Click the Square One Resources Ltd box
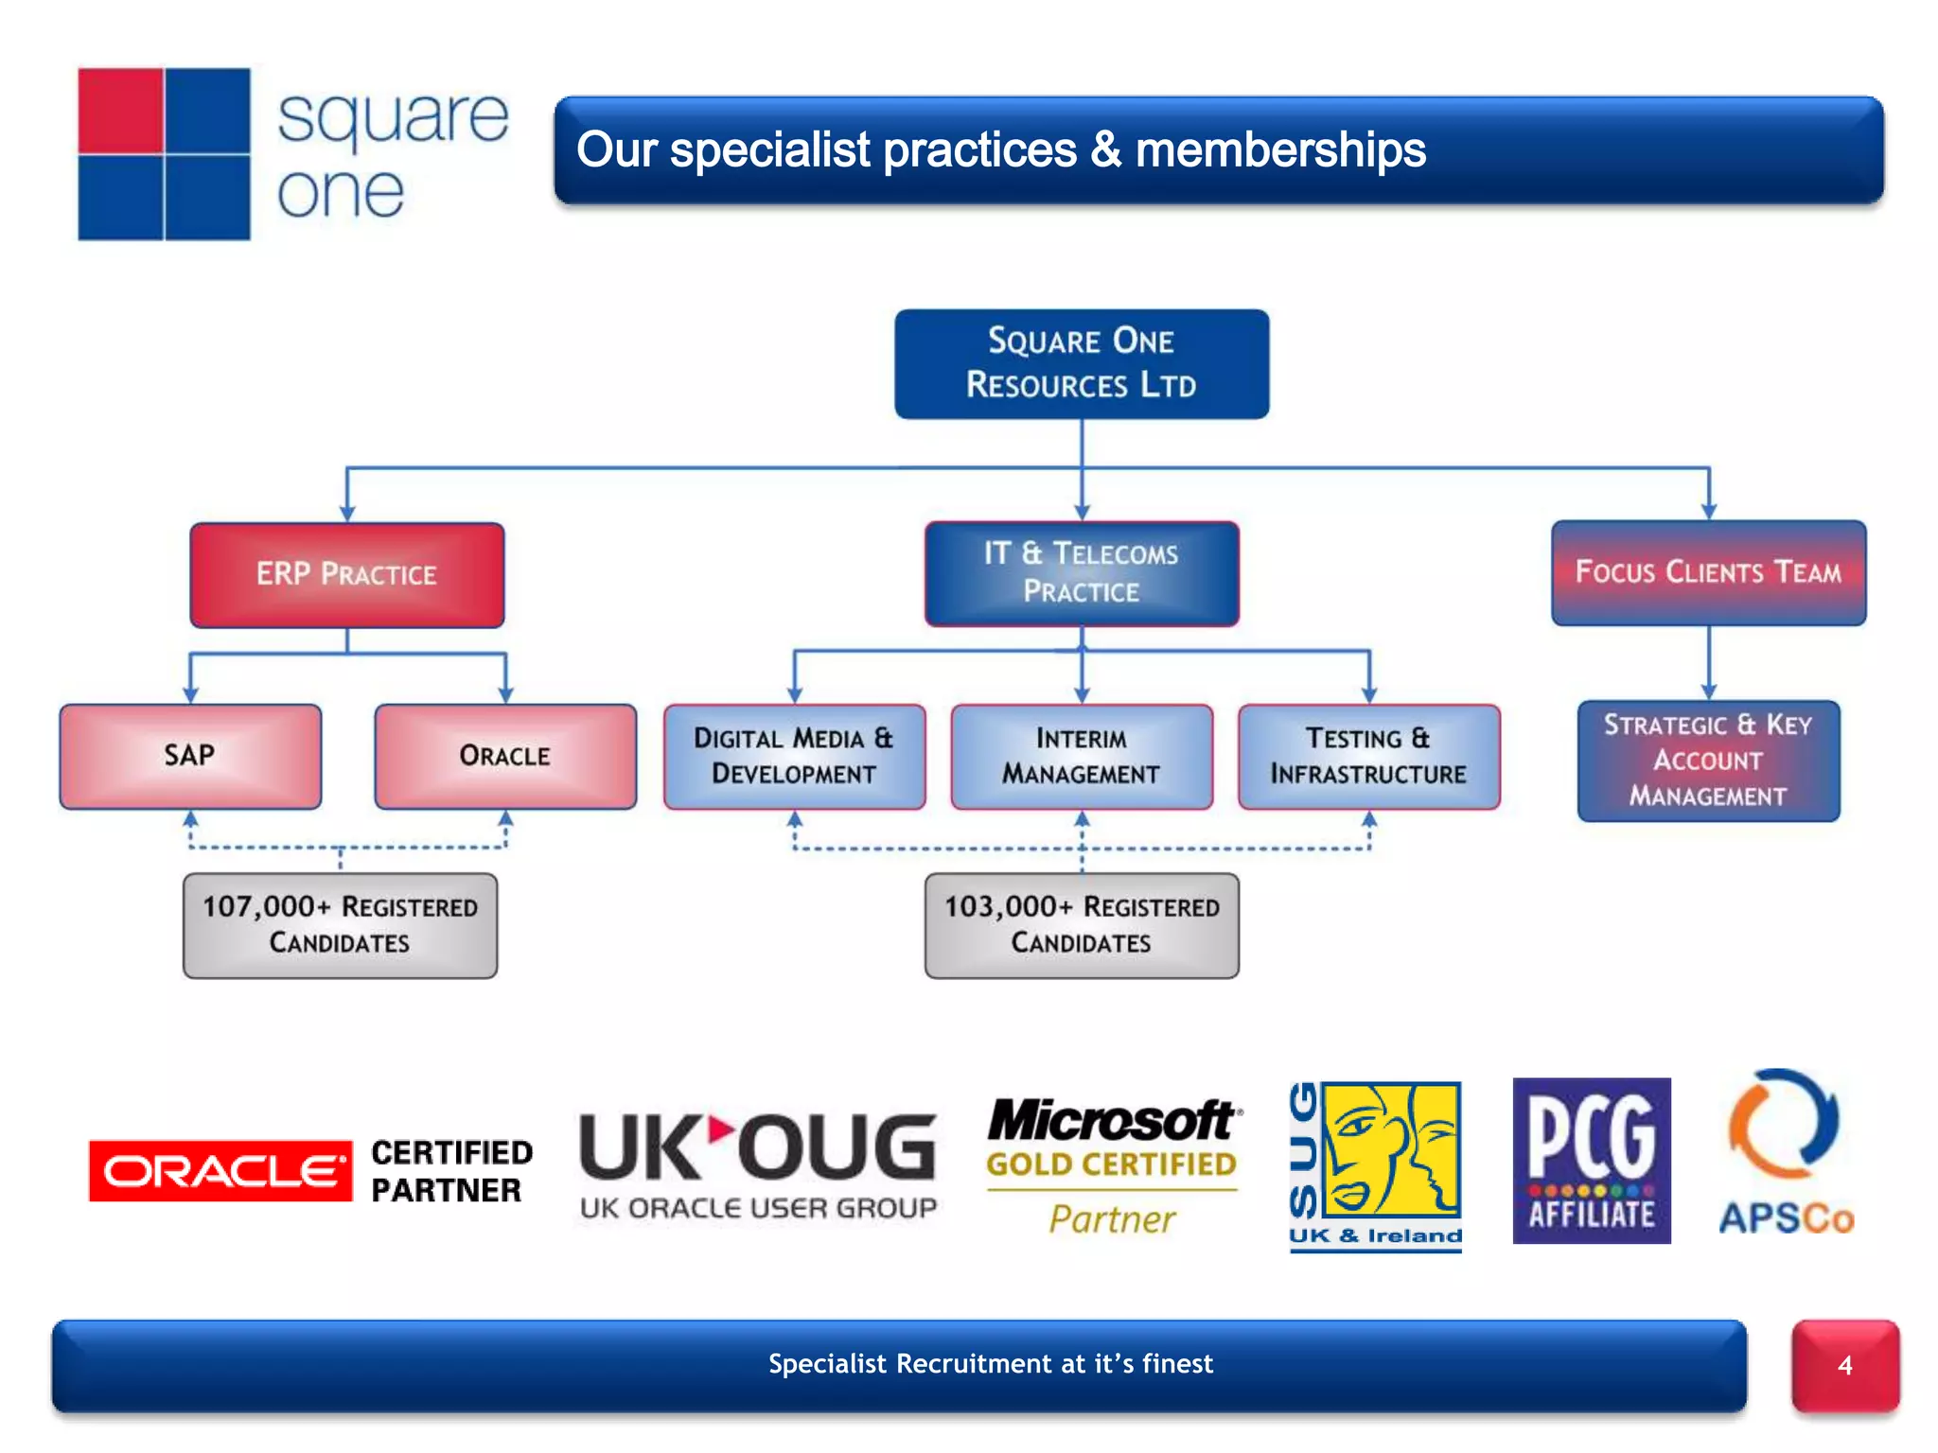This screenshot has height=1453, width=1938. (1082, 364)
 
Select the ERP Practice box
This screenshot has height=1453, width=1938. (347, 574)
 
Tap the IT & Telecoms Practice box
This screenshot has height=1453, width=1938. (1082, 573)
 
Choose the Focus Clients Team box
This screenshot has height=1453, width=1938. (1708, 572)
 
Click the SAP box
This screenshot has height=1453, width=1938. (190, 756)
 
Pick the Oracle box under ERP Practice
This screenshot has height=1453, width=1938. (505, 756)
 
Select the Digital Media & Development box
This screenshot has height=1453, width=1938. (794, 756)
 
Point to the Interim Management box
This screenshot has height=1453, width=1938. (1082, 756)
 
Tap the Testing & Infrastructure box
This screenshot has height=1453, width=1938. (1368, 756)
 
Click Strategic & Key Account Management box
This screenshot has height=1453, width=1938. (1708, 761)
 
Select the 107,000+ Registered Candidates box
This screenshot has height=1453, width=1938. (340, 925)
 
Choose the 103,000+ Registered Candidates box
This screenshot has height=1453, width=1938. (1082, 925)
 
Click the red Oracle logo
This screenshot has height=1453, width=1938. (220, 1171)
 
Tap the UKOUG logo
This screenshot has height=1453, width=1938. (758, 1164)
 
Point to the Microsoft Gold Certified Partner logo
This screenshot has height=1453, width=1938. (1113, 1165)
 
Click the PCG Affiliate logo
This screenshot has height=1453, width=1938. (1592, 1161)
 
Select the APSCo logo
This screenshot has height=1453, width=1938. (1785, 1154)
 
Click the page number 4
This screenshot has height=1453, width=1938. (1844, 1365)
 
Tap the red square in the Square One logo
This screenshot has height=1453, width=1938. (121, 111)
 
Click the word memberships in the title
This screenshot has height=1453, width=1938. (1279, 150)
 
